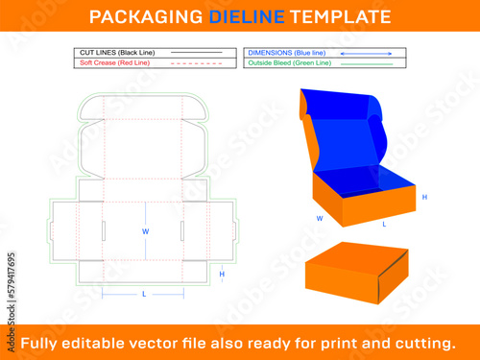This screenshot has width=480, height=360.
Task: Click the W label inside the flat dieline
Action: click(146, 231)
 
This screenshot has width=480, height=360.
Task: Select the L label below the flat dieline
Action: click(144, 294)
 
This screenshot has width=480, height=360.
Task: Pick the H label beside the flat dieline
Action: click(222, 274)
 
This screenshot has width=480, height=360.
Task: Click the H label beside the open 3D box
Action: click(424, 197)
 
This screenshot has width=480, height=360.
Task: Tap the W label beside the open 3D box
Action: click(320, 219)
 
